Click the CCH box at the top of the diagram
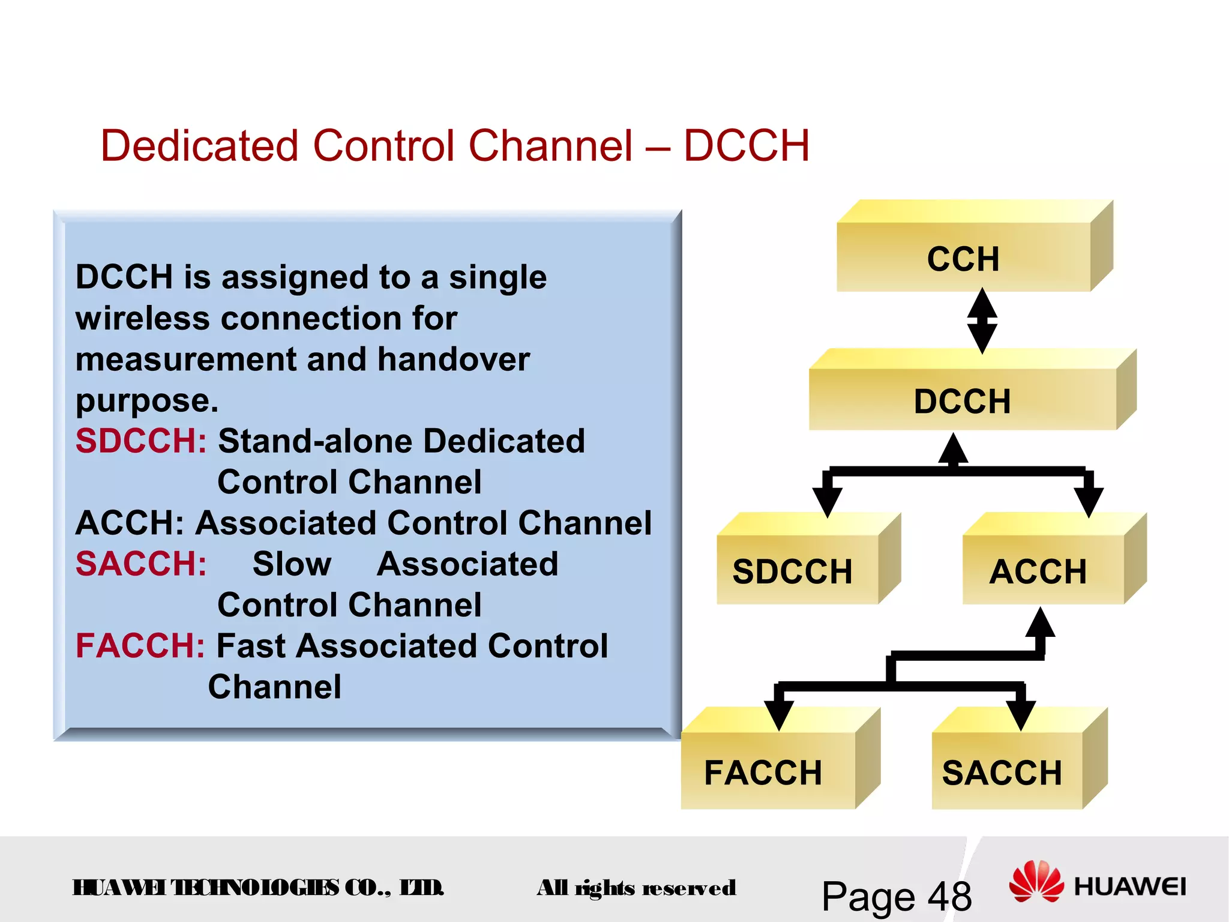click(x=963, y=258)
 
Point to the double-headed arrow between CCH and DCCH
click(x=982, y=321)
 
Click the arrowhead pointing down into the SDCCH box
click(x=827, y=501)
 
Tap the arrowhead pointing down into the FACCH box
click(x=779, y=714)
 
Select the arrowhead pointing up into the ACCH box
click(x=1040, y=624)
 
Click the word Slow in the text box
click(x=292, y=564)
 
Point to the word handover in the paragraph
click(x=453, y=360)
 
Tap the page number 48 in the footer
click(x=949, y=897)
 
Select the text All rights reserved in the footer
click(x=636, y=888)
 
